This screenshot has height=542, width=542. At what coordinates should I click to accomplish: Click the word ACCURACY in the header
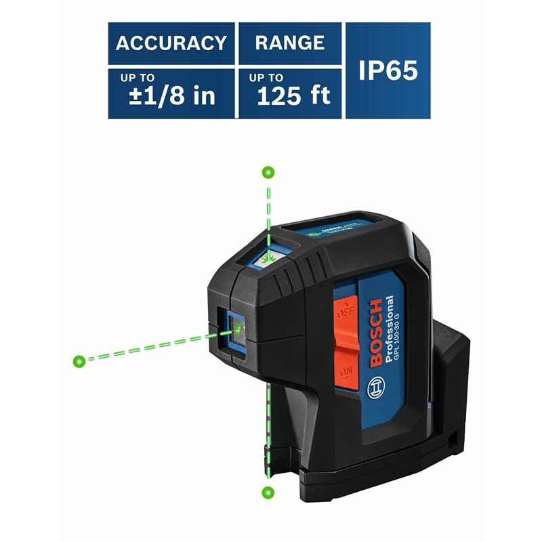tap(171, 43)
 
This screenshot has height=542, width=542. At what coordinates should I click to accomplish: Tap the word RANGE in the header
tap(290, 43)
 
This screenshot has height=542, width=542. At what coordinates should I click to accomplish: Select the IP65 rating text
tap(388, 70)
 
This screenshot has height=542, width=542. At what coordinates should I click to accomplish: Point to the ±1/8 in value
tap(172, 96)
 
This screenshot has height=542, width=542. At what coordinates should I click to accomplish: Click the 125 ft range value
tap(293, 96)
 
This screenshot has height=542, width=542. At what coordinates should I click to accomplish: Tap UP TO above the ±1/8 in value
tap(138, 78)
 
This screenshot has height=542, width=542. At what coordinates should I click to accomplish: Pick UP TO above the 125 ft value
tap(266, 78)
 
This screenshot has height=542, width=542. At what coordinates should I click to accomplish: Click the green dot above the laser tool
tap(268, 172)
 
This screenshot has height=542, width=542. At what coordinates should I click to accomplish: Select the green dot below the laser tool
tap(268, 491)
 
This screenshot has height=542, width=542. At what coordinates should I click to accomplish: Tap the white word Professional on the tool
tap(391, 327)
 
